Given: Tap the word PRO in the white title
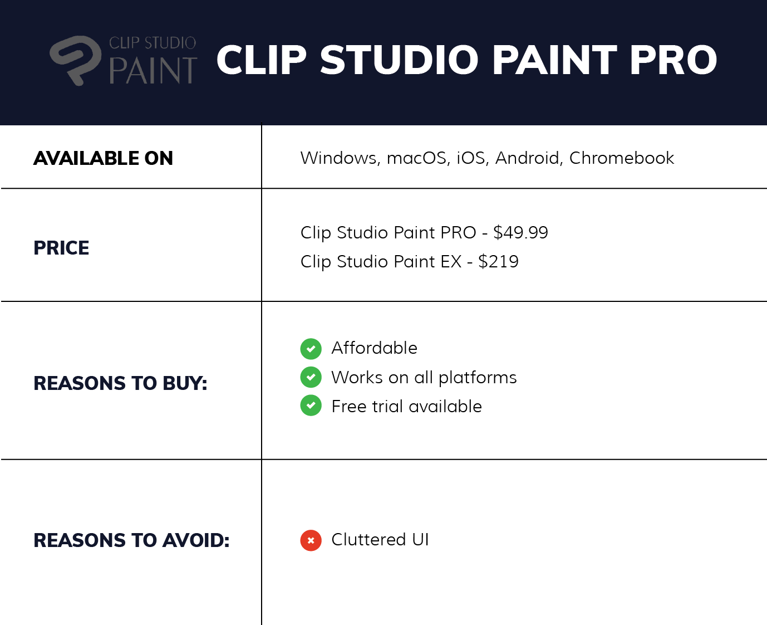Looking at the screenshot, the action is point(673,60).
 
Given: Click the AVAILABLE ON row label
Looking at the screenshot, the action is point(104,158).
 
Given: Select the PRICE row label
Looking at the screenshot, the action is point(61,248).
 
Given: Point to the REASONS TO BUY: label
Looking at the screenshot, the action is point(120,383).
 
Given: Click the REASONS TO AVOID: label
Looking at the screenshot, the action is point(131,540).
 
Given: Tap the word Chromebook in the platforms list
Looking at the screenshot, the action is point(622,158).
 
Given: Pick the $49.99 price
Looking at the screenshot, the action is point(520,232).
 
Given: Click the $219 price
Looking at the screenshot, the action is point(498,261).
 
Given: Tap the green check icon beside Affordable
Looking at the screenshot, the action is point(311,349).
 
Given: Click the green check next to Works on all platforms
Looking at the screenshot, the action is point(311,377).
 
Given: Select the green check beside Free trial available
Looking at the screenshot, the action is point(311,406).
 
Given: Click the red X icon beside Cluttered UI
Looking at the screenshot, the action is point(311,540).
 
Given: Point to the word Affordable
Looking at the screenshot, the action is point(375,348).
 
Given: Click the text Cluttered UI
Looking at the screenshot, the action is point(380,540).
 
